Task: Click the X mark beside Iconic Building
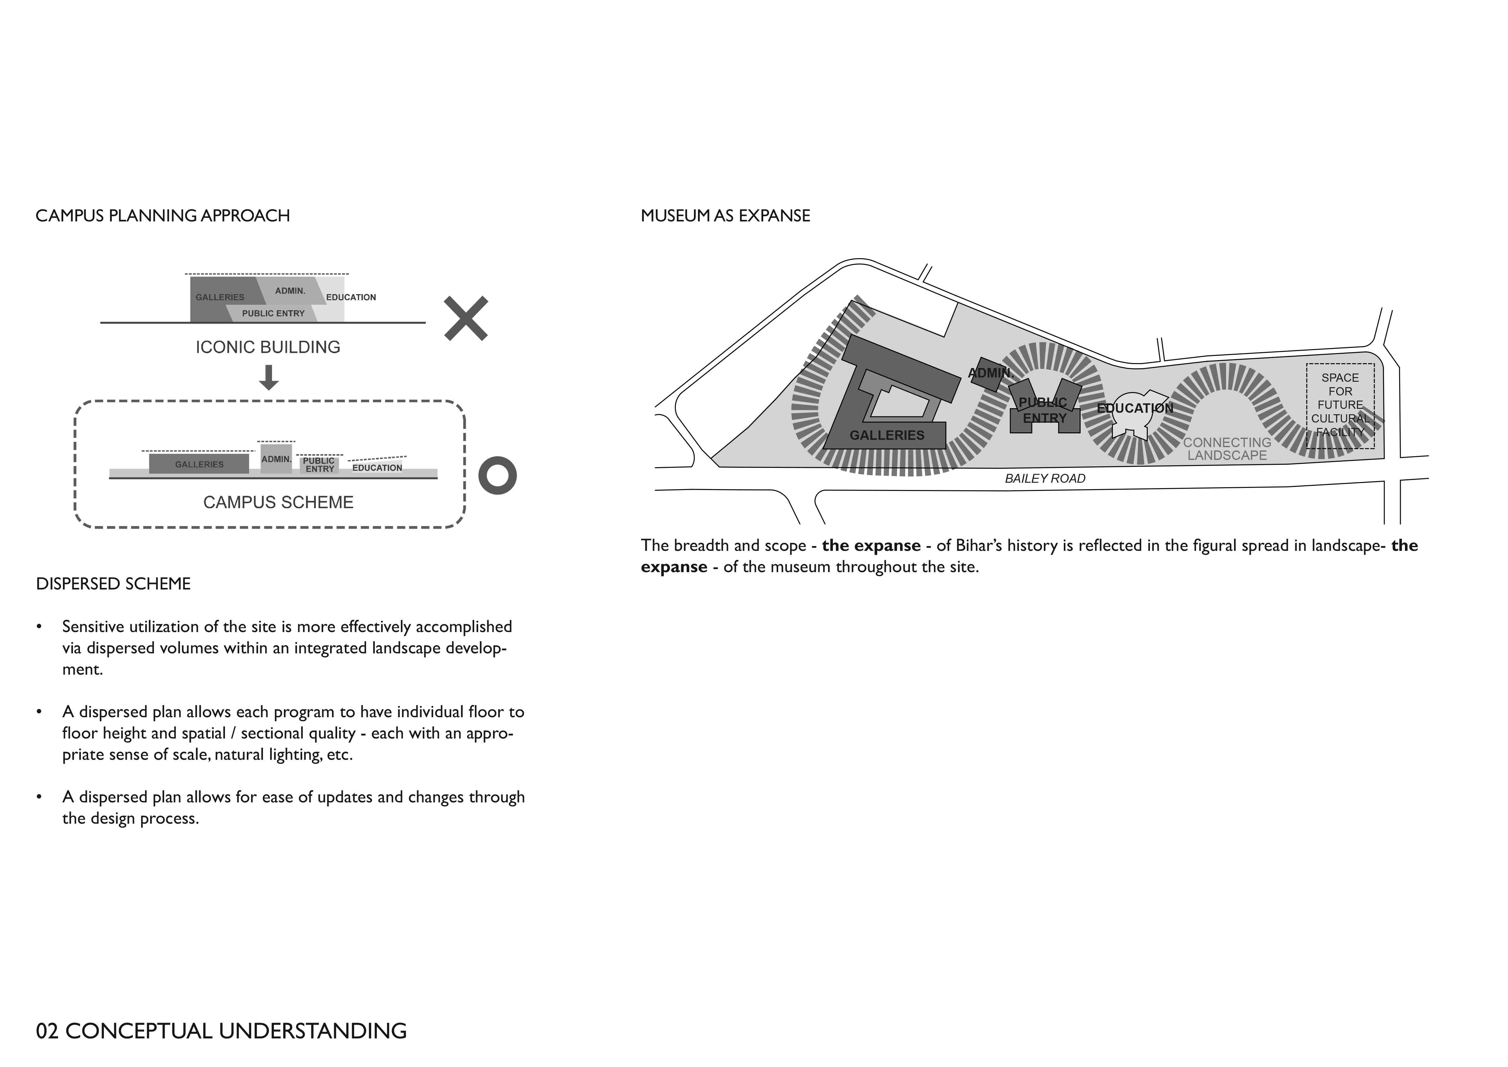click(x=466, y=319)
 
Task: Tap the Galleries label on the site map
click(x=887, y=435)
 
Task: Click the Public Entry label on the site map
click(x=1044, y=410)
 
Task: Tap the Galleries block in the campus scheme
click(x=199, y=464)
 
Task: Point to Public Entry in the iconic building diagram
click(x=273, y=313)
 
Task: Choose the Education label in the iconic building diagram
click(x=351, y=297)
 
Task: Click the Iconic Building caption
click(x=268, y=347)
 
